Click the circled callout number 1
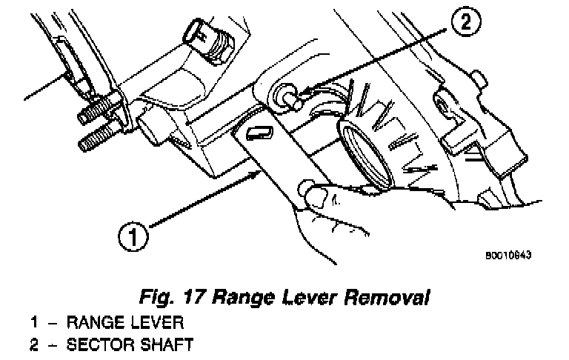(133, 239)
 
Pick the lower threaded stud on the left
(94, 139)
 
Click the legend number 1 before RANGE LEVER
(35, 324)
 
